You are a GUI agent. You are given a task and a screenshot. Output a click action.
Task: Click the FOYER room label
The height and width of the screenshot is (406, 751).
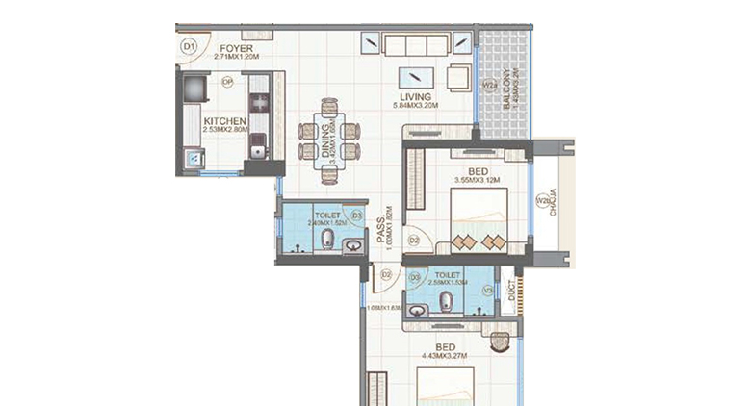(x=235, y=47)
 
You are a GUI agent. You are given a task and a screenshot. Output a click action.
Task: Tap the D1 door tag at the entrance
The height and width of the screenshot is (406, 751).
(x=189, y=45)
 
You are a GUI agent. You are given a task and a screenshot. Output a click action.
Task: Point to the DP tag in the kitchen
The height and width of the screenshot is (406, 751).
(x=227, y=83)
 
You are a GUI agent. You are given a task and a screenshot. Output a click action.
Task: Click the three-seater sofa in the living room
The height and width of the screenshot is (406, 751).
(x=415, y=43)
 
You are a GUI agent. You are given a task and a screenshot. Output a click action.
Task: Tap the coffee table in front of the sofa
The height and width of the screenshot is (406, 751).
(x=415, y=78)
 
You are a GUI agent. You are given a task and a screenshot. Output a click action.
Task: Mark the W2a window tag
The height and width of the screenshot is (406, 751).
(x=488, y=86)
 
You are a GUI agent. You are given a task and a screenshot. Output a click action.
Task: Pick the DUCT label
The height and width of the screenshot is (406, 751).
(x=510, y=297)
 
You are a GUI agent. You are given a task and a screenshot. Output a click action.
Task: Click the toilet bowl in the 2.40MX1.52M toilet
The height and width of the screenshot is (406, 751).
(x=328, y=240)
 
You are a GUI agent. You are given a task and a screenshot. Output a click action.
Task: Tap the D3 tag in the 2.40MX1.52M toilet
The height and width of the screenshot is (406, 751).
(x=356, y=216)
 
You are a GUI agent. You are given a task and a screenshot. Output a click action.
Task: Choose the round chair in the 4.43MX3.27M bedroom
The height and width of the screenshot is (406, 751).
(x=500, y=340)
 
